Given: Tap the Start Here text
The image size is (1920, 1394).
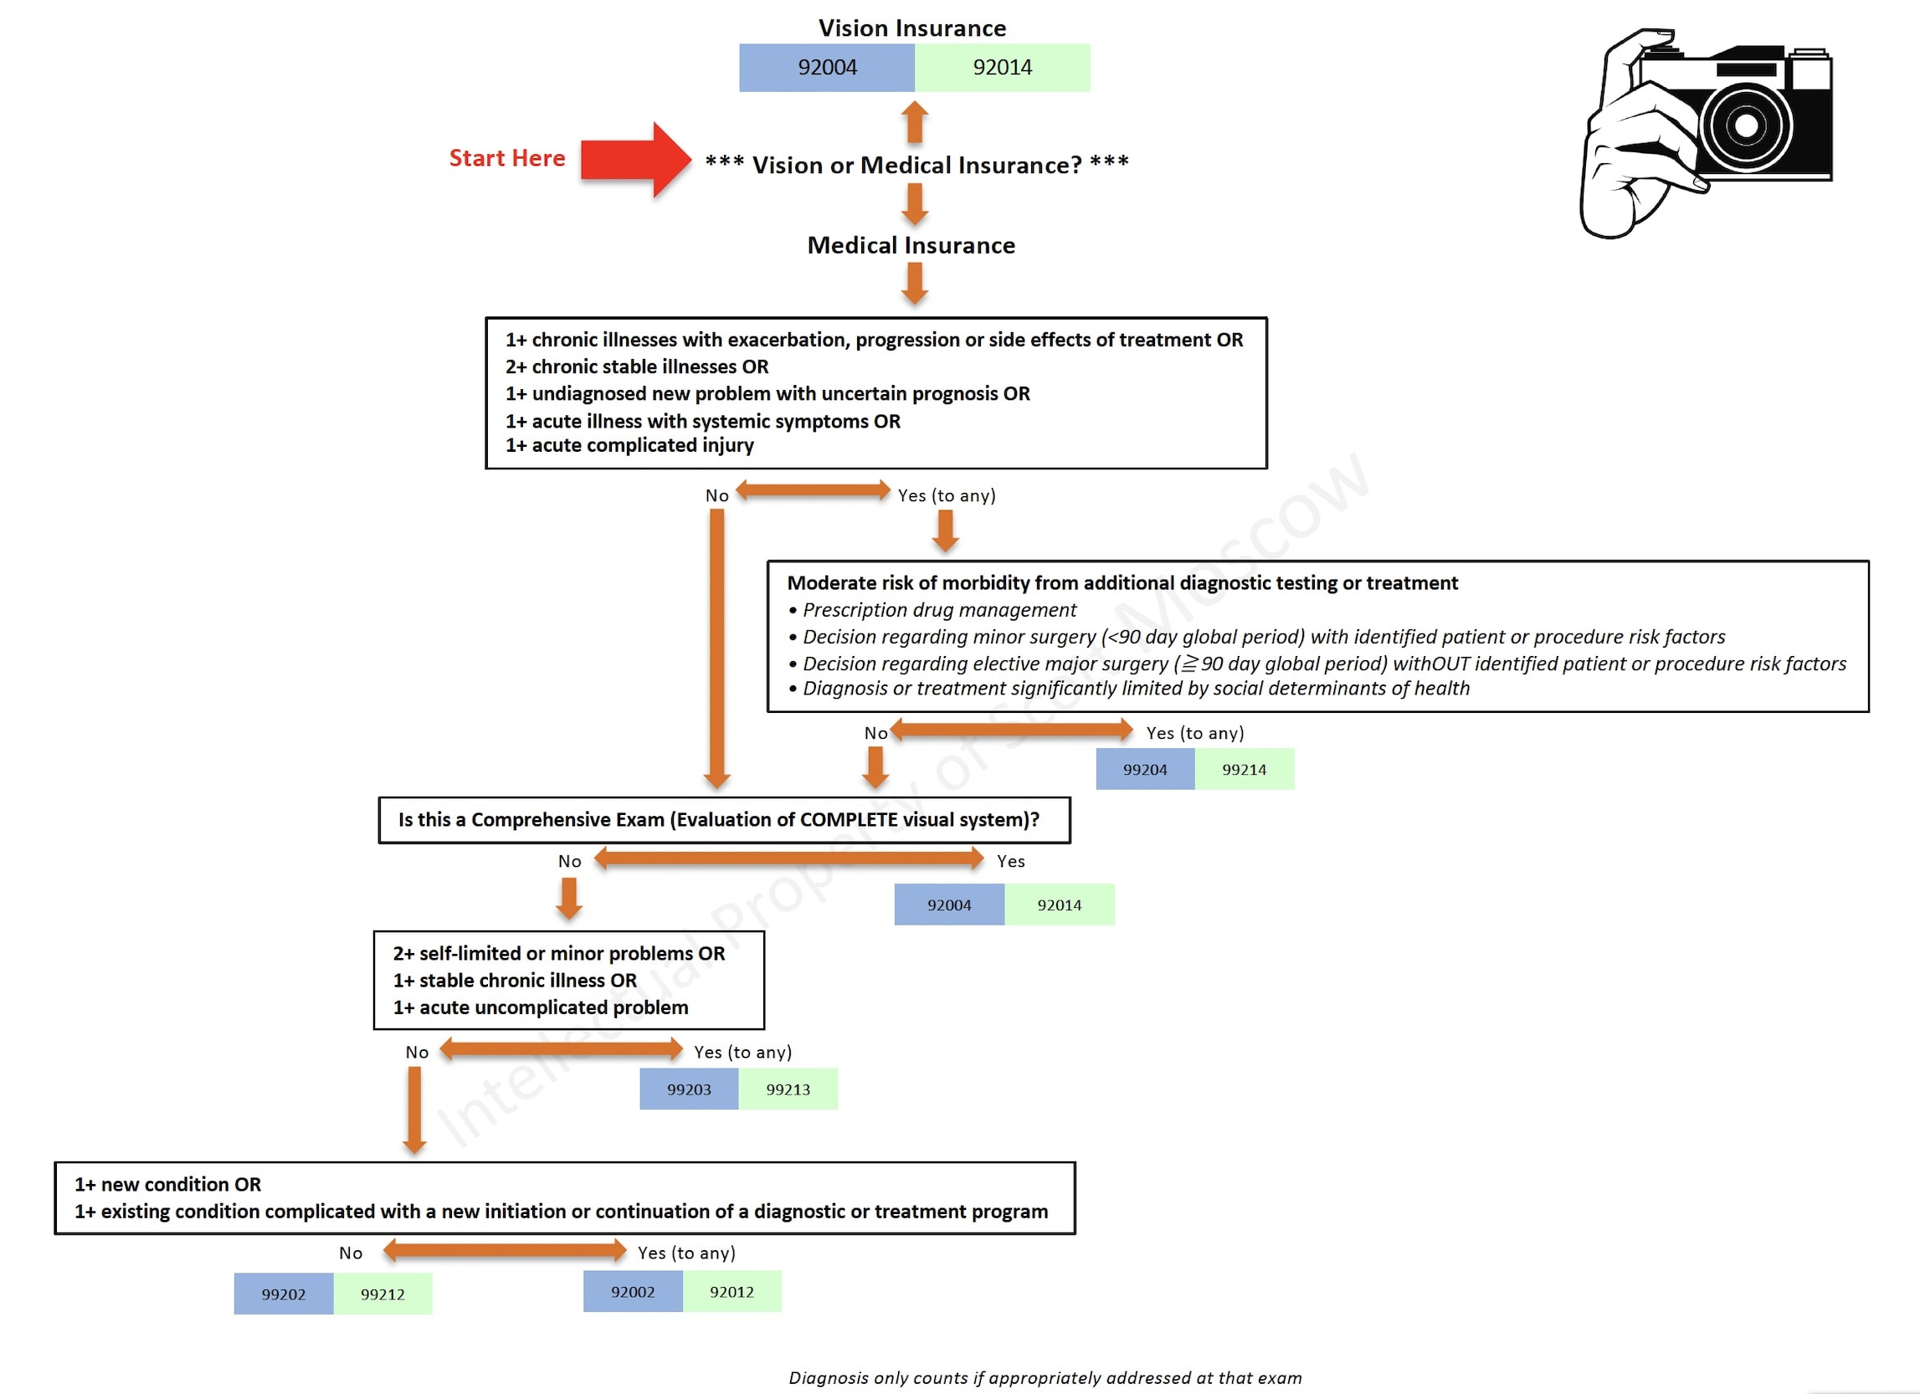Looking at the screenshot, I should (x=506, y=158).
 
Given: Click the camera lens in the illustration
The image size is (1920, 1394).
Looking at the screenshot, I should (x=1745, y=126).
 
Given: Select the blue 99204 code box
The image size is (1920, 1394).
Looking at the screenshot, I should (x=1144, y=769).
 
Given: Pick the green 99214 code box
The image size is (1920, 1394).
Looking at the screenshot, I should (x=1244, y=769).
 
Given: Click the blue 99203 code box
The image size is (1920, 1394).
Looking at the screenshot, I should (x=688, y=1089).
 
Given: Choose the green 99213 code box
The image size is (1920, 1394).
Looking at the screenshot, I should (x=788, y=1089).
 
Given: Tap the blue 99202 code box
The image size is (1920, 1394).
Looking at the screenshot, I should (x=283, y=1294).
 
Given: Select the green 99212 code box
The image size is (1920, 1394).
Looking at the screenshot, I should (x=382, y=1294).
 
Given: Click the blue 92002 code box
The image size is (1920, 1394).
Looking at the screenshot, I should (x=633, y=1292).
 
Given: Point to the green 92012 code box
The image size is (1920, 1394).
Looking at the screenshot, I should (x=732, y=1292).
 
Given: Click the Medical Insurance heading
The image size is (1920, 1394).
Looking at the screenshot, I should (x=911, y=245).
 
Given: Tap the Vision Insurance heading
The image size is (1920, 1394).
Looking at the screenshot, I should (x=911, y=28).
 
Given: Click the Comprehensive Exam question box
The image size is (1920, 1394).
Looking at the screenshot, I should (x=724, y=820).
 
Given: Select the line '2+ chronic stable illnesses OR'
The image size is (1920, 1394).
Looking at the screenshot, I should (x=637, y=366).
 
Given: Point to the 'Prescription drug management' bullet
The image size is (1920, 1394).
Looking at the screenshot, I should (x=939, y=610).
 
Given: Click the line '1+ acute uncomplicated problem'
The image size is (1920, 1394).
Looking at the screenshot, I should (x=541, y=1007).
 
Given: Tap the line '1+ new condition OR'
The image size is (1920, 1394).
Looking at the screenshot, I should (x=167, y=1184).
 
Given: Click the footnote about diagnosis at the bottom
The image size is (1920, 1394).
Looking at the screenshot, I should (x=1045, y=1378).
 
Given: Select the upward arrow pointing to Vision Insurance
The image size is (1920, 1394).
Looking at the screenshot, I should (x=914, y=122).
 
